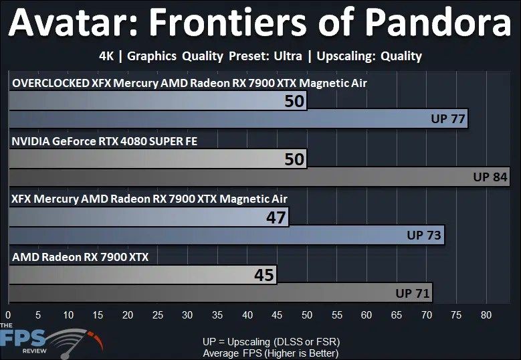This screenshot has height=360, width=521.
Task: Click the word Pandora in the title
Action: [x=439, y=22]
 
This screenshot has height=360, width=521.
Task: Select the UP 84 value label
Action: [x=490, y=177]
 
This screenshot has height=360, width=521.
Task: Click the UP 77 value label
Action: [x=448, y=118]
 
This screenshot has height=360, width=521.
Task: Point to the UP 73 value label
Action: [x=424, y=235]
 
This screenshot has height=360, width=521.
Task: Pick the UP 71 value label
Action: [x=413, y=293]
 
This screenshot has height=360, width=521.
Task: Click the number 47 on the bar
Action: [x=276, y=217]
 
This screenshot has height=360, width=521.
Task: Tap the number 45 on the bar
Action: [x=264, y=275]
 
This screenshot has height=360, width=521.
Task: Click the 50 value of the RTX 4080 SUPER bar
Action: [x=294, y=159]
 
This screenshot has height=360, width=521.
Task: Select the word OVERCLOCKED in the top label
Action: [x=51, y=83]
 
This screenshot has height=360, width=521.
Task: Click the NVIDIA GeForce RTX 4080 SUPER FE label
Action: [x=104, y=141]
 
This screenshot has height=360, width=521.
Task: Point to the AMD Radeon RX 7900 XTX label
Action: [x=80, y=257]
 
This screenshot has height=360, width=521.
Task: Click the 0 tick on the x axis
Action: [x=8, y=314]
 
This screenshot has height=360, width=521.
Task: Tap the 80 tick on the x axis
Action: [x=486, y=314]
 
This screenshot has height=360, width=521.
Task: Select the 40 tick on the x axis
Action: [x=247, y=314]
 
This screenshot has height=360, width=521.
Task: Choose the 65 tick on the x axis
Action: [x=397, y=314]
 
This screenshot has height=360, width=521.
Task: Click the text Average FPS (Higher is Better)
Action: [x=271, y=353]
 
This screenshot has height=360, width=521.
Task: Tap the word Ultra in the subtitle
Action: [x=288, y=56]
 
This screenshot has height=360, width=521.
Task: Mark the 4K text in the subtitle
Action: [x=106, y=56]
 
